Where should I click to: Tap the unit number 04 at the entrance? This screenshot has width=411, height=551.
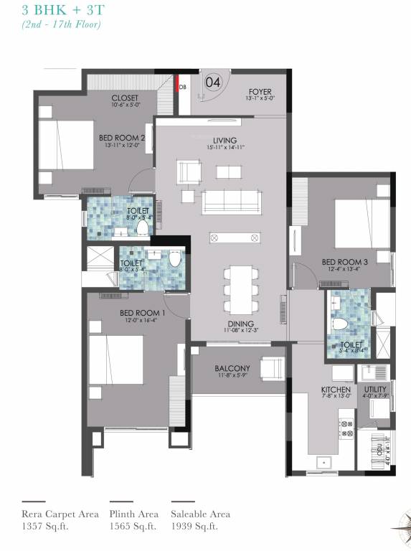[212, 82]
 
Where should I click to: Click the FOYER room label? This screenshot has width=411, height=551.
[259, 91]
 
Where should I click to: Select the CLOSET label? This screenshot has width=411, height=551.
[124, 98]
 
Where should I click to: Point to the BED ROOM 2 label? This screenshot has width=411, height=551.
[122, 138]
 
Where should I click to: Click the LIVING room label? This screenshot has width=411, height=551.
[225, 140]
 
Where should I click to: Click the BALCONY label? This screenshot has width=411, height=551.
[232, 369]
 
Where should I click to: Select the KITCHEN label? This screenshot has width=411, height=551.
[335, 390]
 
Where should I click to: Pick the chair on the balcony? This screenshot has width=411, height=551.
[272, 369]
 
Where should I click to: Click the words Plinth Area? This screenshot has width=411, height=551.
[134, 514]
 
